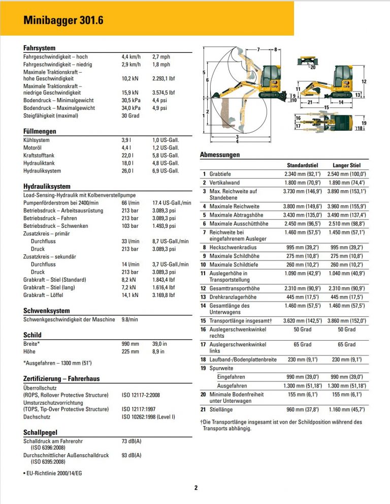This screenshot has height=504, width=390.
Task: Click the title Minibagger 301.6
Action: point(63,20)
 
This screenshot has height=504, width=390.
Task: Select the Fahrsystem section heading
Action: point(40,48)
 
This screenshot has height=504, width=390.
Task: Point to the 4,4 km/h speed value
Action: point(131,57)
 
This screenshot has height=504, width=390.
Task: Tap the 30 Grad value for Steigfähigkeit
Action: point(131,115)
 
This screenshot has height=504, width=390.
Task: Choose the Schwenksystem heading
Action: point(47,311)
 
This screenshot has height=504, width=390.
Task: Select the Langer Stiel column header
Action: point(346,165)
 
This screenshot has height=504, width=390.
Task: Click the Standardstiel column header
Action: point(302,165)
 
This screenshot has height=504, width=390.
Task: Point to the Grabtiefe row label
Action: point(220,174)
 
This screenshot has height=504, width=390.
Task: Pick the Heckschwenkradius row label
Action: point(233,248)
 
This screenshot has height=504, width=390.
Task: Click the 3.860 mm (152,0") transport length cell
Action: point(346,321)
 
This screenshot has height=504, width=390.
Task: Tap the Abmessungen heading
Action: point(220,155)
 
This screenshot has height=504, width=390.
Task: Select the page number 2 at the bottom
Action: point(196,488)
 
